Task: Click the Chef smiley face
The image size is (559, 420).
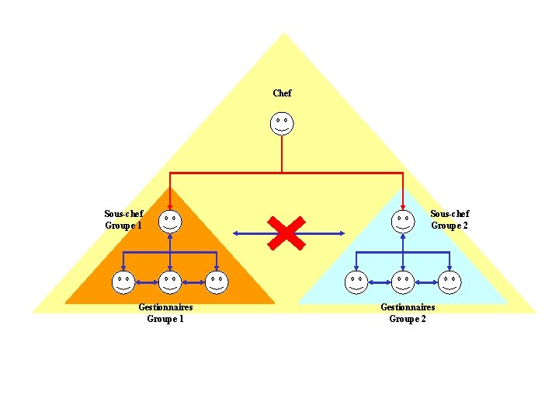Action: pyautogui.click(x=283, y=123)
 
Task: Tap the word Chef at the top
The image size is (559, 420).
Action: pyautogui.click(x=283, y=93)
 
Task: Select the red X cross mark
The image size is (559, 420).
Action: pyautogui.click(x=286, y=233)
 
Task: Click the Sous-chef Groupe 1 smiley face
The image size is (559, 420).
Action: pyautogui.click(x=170, y=221)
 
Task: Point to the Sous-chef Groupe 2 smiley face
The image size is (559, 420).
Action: pyautogui.click(x=402, y=221)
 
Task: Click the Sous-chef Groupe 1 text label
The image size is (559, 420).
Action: pyautogui.click(x=123, y=219)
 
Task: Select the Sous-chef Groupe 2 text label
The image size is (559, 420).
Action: pyautogui.click(x=450, y=219)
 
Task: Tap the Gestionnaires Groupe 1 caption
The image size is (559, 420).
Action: pyautogui.click(x=165, y=313)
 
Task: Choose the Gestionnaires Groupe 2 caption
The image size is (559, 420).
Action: pyautogui.click(x=408, y=313)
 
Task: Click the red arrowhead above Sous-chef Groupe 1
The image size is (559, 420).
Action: pyautogui.click(x=170, y=206)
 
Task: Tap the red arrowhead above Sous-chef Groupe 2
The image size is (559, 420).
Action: pyautogui.click(x=402, y=206)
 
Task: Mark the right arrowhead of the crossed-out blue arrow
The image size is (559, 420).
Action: pyautogui.click(x=341, y=233)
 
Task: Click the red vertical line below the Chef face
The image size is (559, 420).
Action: pyautogui.click(x=282, y=153)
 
